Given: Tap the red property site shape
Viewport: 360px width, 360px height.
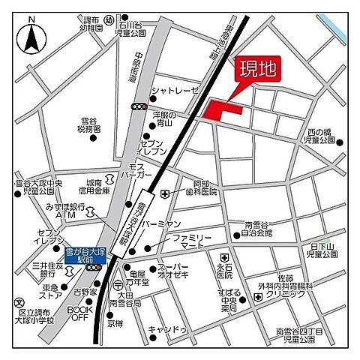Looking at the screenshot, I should click(223, 108).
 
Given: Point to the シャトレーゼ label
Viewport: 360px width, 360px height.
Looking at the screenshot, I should click(175, 91).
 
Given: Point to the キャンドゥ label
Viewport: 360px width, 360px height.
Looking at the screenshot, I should click(169, 329).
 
